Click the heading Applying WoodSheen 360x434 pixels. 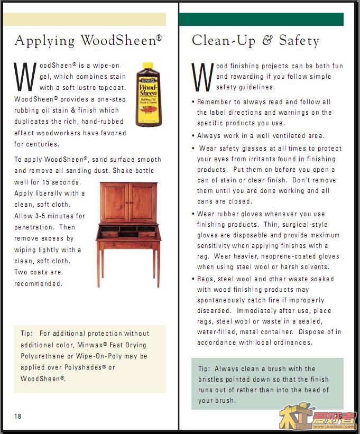click(88, 41)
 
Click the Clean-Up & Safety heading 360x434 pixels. click(255, 41)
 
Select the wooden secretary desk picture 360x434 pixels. click(128, 233)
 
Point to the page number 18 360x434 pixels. click(18, 416)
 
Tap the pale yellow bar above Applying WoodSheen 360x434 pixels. click(85, 20)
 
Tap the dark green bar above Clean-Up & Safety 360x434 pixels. click(261, 20)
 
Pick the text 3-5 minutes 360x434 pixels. click(53, 216)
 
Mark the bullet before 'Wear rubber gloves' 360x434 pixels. click(193, 214)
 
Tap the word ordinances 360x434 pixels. click(291, 343)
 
